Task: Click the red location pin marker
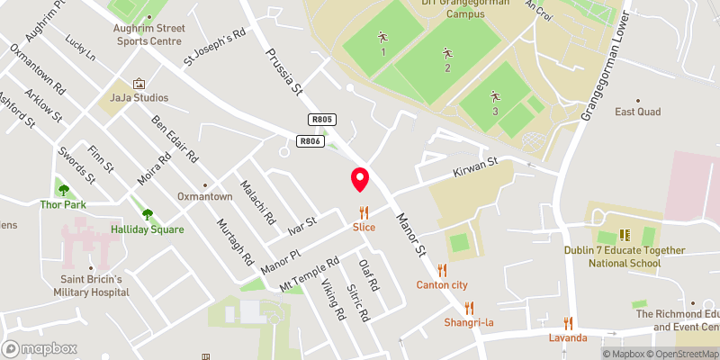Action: tap(360, 179)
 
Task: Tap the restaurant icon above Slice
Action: tap(364, 212)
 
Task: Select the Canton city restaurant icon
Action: tap(441, 270)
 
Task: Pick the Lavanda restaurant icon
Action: tap(568, 322)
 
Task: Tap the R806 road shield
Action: tap(310, 140)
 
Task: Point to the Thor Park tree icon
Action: tap(62, 189)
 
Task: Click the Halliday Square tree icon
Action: tap(148, 214)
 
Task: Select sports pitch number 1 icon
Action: tap(382, 38)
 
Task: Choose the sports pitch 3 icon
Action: tap(494, 95)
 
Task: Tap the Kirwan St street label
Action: tap(475, 166)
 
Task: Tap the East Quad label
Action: tap(637, 112)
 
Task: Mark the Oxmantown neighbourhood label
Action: tap(205, 171)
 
